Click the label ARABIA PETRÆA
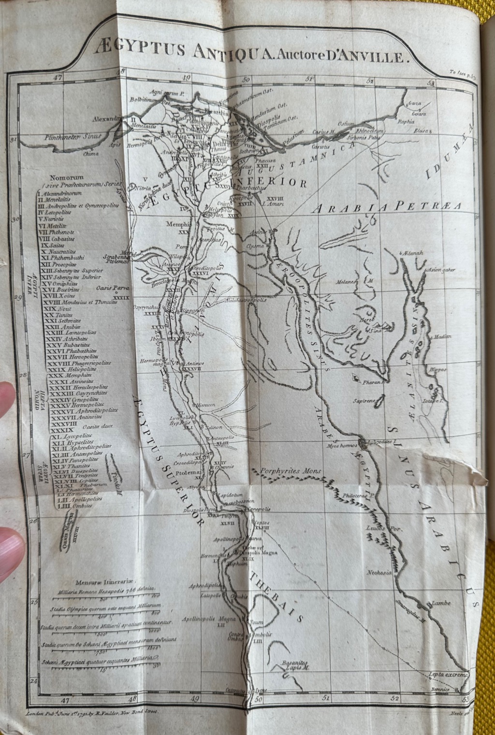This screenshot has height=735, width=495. (x=387, y=208)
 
